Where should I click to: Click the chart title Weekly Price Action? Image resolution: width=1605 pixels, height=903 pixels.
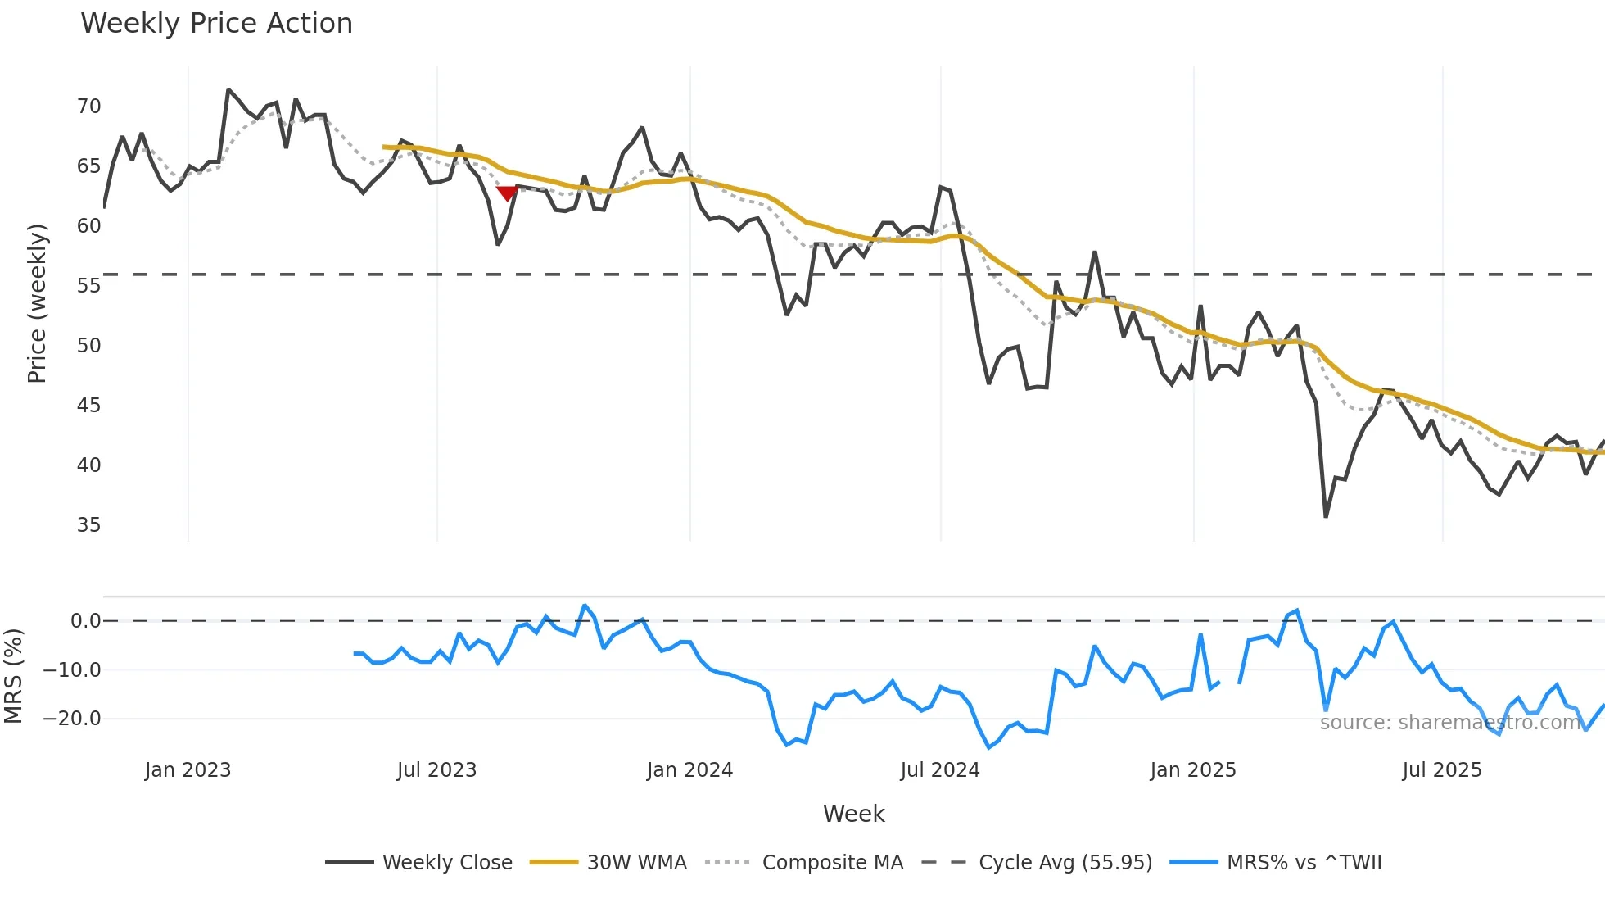click(x=216, y=24)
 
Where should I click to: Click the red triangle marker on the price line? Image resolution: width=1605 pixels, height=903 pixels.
click(x=507, y=193)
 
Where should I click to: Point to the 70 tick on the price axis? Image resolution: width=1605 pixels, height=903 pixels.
click(x=88, y=107)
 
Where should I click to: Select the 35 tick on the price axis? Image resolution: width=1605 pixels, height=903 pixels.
click(x=88, y=525)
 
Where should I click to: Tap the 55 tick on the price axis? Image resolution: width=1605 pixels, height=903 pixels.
click(x=88, y=286)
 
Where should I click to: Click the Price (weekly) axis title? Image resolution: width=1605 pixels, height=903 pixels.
click(x=37, y=303)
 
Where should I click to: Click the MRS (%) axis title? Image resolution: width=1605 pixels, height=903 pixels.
click(x=13, y=676)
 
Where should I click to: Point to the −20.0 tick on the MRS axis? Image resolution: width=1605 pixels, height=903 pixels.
click(x=72, y=719)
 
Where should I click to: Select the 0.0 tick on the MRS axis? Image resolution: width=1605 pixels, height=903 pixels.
click(x=85, y=621)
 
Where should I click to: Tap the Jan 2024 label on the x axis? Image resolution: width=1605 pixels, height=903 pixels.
click(x=689, y=770)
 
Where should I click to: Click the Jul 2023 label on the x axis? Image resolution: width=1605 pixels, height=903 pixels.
click(x=436, y=770)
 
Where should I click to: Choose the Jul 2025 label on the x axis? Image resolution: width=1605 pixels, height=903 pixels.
click(x=1441, y=770)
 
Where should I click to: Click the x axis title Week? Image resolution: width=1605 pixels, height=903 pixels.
click(x=853, y=814)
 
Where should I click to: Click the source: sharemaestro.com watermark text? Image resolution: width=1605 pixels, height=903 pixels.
click(x=1450, y=723)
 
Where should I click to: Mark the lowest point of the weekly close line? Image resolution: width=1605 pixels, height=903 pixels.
click(x=1326, y=516)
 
